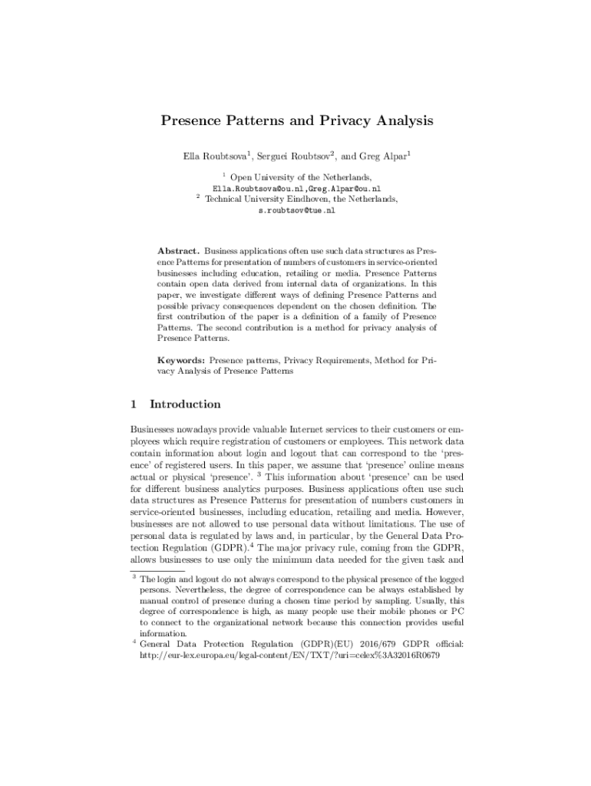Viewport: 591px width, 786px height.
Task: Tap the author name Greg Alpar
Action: pyautogui.click(x=385, y=157)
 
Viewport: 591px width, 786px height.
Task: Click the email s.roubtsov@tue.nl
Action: pyautogui.click(x=296, y=210)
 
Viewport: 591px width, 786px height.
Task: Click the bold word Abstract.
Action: pyautogui.click(x=179, y=251)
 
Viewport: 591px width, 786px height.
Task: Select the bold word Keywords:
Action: pyautogui.click(x=181, y=358)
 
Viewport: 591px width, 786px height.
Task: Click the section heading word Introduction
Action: pyautogui.click(x=185, y=404)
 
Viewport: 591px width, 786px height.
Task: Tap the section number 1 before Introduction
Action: pyautogui.click(x=134, y=404)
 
